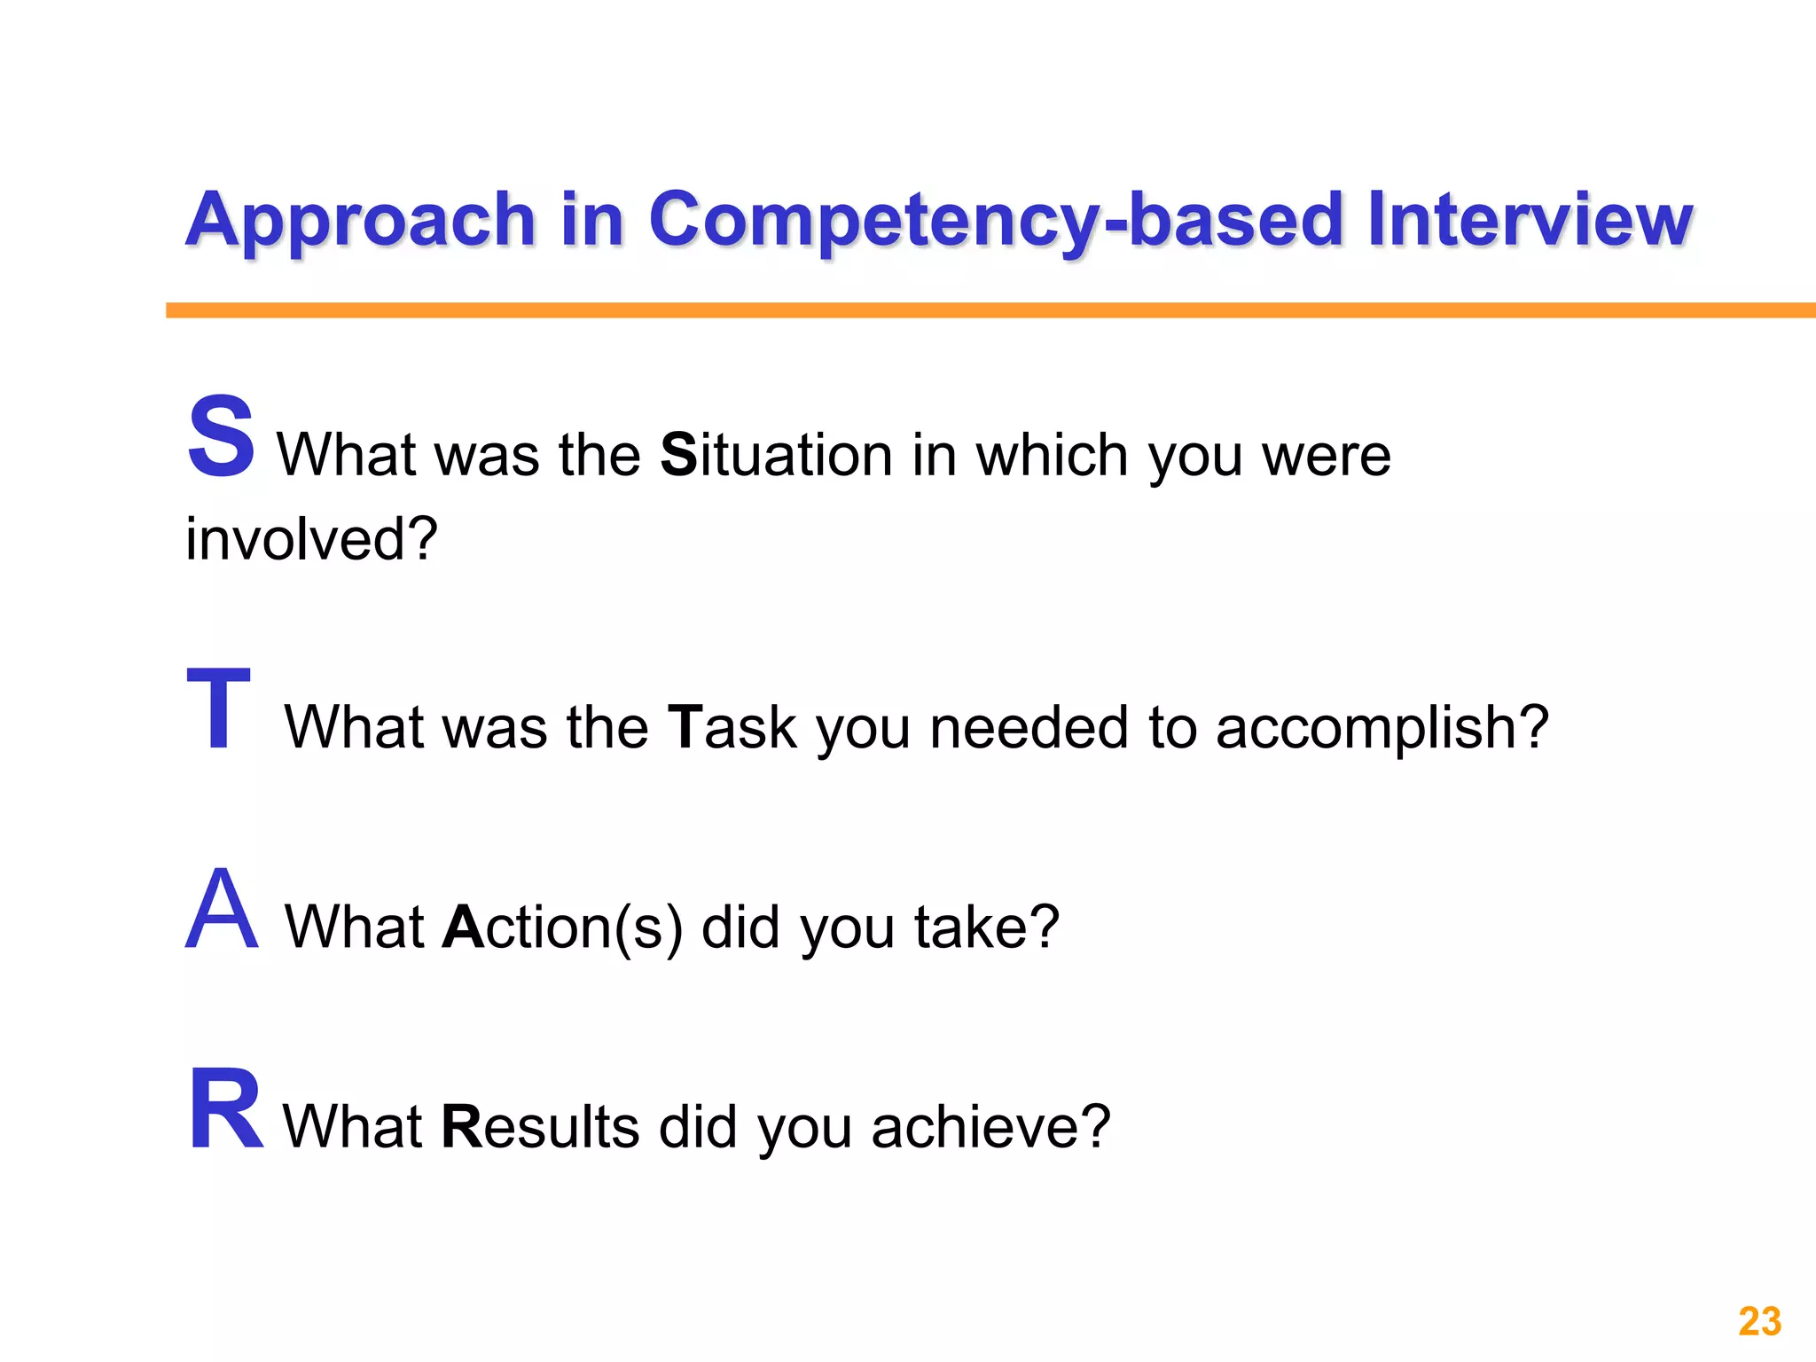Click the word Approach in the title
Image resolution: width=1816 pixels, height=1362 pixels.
tap(360, 220)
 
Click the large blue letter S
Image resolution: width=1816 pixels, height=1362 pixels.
tap(221, 436)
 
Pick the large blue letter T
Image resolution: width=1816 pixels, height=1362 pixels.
tap(218, 708)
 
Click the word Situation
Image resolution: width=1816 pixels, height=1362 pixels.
tap(776, 455)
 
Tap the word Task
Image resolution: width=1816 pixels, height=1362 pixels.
tap(732, 727)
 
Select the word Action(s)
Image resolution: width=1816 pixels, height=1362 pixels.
tap(562, 928)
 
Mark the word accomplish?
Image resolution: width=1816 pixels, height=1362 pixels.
tap(1382, 729)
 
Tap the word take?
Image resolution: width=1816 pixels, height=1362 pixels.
tap(986, 928)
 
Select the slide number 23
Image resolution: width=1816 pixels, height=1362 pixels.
tap(1759, 1321)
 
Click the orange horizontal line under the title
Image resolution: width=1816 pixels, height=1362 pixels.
tap(990, 310)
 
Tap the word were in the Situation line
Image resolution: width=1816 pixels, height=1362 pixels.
tap(1326, 457)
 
